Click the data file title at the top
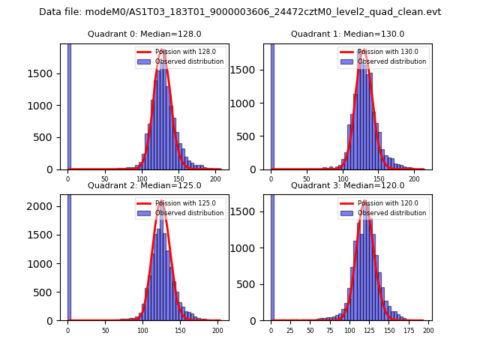tap(240, 12)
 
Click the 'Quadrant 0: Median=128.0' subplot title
tap(144, 34)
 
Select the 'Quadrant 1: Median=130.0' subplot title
tap(347, 34)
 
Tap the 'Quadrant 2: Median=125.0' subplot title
tap(144, 185)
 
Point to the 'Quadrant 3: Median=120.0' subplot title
tap(347, 185)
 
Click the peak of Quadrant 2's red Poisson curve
tap(160, 202)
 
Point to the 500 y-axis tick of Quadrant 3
tap(250, 284)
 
